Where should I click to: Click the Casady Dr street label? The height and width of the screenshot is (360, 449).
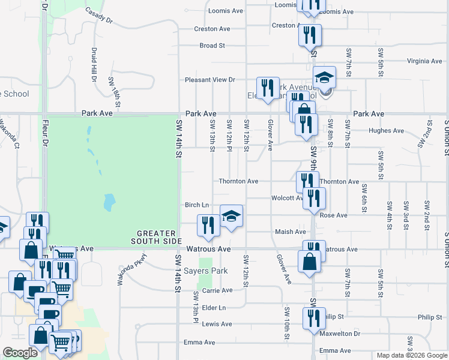point(99,16)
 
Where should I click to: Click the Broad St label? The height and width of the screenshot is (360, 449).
point(212,46)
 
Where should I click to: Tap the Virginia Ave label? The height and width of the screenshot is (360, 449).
point(424,61)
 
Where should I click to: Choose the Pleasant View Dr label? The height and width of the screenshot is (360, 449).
point(209,79)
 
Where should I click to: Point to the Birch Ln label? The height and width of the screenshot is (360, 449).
point(197,205)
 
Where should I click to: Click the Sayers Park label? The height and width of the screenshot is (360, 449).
point(206,271)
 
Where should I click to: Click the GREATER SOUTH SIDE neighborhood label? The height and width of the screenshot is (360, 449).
point(156,237)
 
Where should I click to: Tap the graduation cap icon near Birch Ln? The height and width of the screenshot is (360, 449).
point(232,216)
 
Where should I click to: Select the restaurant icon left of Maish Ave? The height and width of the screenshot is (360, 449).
point(208,225)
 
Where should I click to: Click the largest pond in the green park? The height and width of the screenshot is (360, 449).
point(109,202)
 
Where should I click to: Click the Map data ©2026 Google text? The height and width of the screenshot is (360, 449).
point(411,355)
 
